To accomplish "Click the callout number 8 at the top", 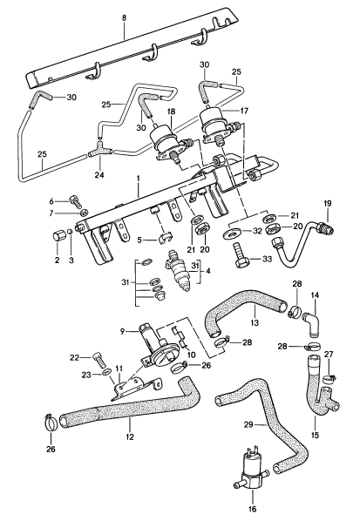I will (x=124, y=17).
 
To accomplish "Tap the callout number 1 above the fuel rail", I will (x=138, y=178).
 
